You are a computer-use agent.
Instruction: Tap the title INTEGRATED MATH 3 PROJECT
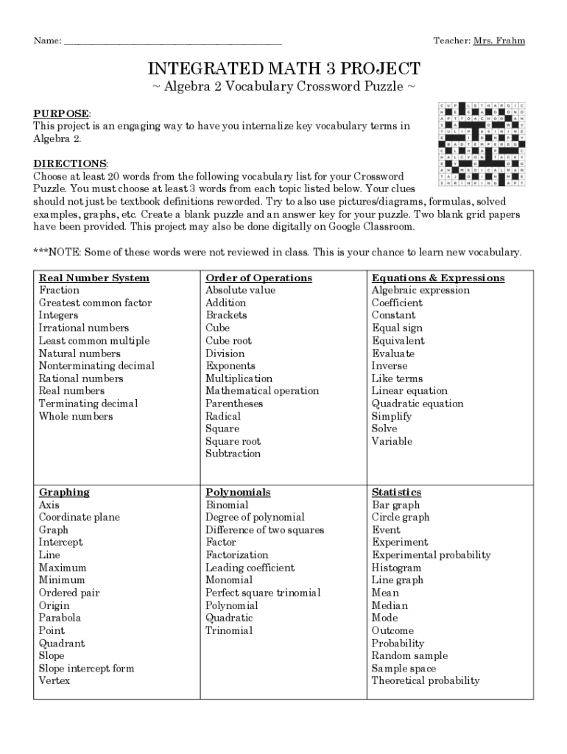[x=283, y=69]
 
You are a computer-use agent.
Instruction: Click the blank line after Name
[x=172, y=41]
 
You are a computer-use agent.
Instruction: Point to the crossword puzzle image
[x=482, y=144]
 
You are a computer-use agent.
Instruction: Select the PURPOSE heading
[x=61, y=113]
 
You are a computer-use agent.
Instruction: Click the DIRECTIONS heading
[x=70, y=163]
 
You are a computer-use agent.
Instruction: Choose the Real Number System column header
[x=94, y=278]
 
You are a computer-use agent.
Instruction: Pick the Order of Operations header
[x=258, y=278]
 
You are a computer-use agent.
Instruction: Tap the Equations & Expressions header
[x=438, y=278]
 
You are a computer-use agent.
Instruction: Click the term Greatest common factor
[x=95, y=303]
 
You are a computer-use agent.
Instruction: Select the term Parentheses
[x=234, y=404]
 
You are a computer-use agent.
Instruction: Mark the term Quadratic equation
[x=418, y=404]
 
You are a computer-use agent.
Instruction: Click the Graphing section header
[x=64, y=492]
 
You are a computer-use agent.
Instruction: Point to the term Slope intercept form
[x=86, y=669]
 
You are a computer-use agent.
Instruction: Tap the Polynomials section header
[x=238, y=492]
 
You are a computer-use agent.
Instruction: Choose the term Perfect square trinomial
[x=263, y=593]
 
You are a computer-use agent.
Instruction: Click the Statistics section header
[x=397, y=492]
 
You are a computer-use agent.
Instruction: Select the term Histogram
[x=396, y=568]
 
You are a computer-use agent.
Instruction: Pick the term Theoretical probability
[x=425, y=681]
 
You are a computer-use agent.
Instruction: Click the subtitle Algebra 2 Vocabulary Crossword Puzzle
[x=283, y=88]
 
